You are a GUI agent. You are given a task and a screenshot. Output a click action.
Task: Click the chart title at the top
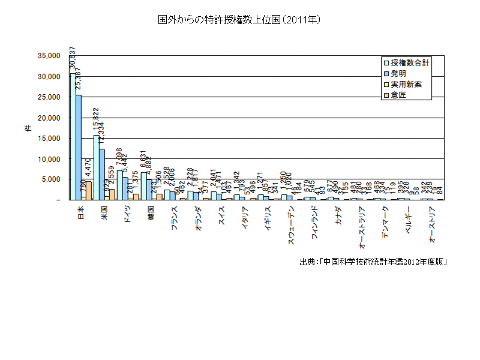pyautogui.click(x=240, y=20)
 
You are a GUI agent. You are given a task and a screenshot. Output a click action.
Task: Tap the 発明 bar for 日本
pyautogui.click(x=79, y=147)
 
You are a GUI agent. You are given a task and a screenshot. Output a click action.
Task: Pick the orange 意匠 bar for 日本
pyautogui.click(x=89, y=191)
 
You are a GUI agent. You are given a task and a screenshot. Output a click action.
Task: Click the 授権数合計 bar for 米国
pyautogui.click(x=96, y=168)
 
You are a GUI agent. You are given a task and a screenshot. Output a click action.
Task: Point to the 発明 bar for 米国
pyautogui.click(x=102, y=175)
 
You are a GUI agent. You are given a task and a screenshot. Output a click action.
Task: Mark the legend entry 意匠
pyautogui.click(x=398, y=96)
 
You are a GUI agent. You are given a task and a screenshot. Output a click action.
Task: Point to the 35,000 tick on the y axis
pyautogui.click(x=49, y=56)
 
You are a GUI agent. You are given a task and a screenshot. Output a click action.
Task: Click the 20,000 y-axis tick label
pyautogui.click(x=49, y=118)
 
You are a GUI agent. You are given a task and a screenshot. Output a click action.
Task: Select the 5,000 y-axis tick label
pyautogui.click(x=51, y=179)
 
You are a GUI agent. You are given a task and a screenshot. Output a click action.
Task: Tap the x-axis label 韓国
pyautogui.click(x=152, y=213)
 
